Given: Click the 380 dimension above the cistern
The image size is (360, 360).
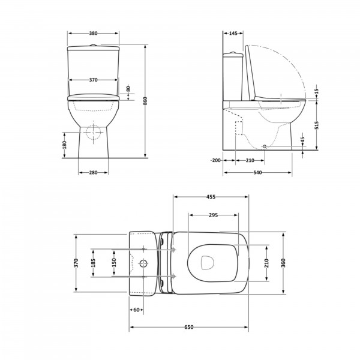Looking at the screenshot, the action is (x=93, y=33).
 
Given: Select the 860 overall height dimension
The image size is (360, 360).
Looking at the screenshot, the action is (x=145, y=101).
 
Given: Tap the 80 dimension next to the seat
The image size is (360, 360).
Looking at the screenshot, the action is (x=128, y=88).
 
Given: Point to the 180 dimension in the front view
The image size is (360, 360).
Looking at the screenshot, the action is (x=65, y=145).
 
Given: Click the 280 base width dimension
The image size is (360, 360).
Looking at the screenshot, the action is (x=93, y=172).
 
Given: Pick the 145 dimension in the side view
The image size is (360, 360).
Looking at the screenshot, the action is (x=233, y=33).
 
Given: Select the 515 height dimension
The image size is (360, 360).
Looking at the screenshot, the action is (x=317, y=125).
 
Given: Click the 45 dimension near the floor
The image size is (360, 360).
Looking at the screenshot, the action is (x=302, y=140).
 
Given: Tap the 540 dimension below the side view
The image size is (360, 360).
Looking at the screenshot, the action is (x=257, y=172).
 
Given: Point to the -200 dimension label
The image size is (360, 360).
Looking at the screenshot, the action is (x=215, y=160).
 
